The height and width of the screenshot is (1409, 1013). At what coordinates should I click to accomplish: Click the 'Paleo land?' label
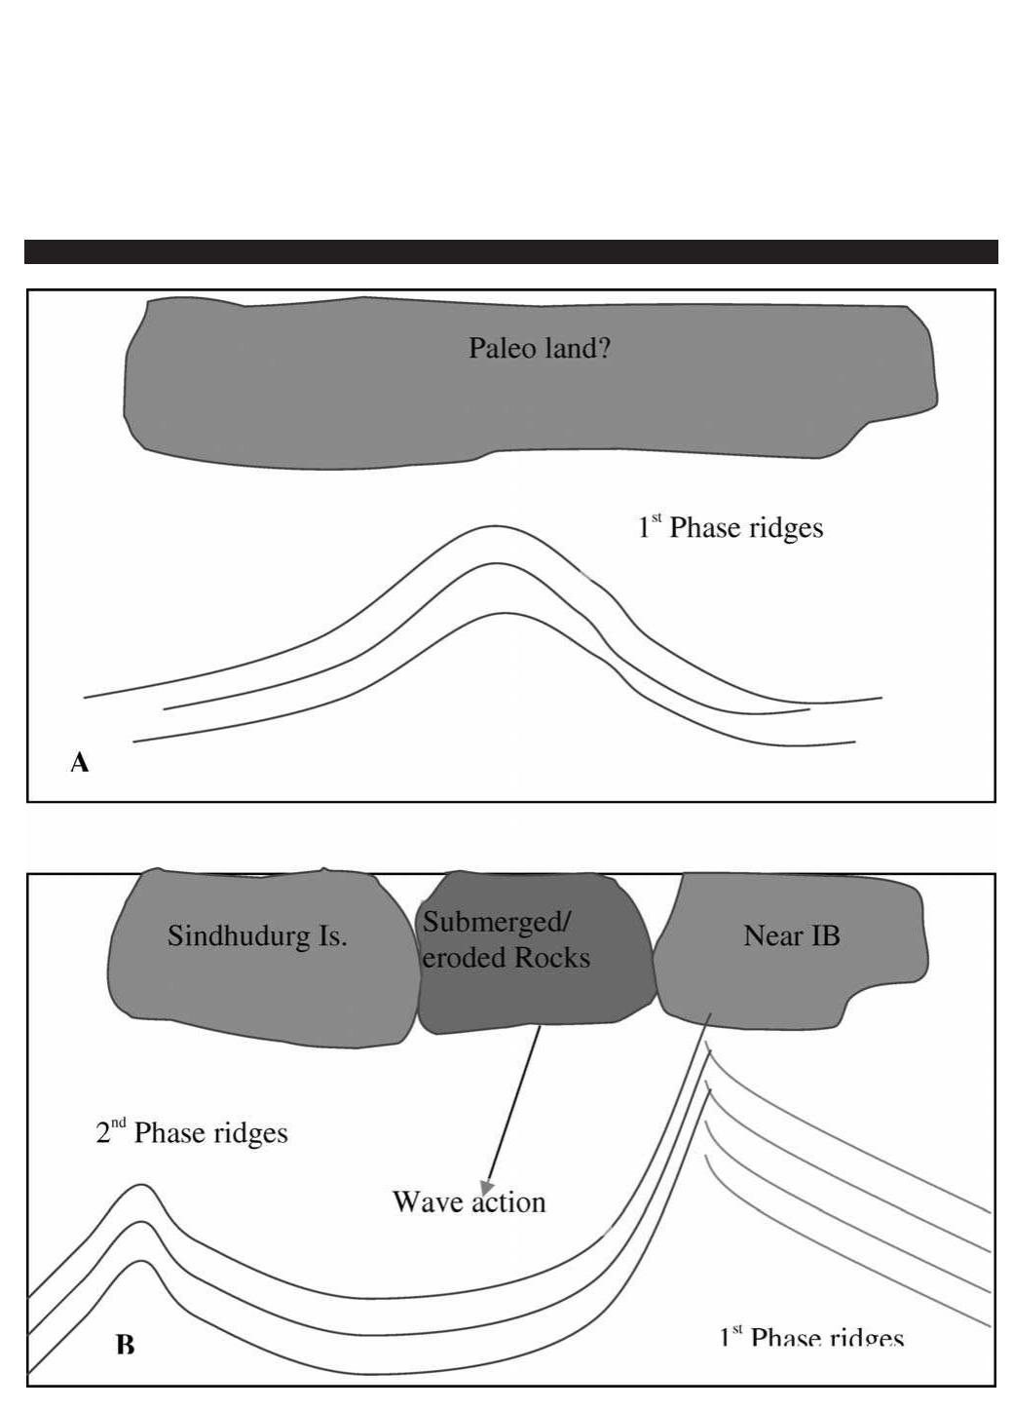pyautogui.click(x=539, y=348)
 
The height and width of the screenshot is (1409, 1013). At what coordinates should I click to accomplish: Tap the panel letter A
pyautogui.click(x=80, y=763)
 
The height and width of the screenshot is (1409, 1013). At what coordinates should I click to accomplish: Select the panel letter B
pyautogui.click(x=126, y=1346)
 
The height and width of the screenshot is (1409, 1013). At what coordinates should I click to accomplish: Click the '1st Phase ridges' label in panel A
pyautogui.click(x=731, y=527)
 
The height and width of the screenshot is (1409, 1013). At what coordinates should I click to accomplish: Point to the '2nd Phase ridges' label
pyautogui.click(x=192, y=1133)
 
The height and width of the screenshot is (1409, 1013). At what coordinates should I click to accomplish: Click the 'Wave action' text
pyautogui.click(x=469, y=1201)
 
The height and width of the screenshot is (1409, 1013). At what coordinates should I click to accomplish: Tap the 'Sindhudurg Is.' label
pyautogui.click(x=257, y=935)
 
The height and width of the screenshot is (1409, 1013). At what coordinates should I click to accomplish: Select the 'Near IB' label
pyautogui.click(x=791, y=935)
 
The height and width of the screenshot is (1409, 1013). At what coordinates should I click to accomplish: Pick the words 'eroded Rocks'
pyautogui.click(x=506, y=958)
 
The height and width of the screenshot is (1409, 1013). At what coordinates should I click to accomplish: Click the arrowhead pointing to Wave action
pyautogui.click(x=487, y=1186)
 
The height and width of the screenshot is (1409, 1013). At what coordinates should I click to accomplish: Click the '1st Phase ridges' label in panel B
pyautogui.click(x=811, y=1339)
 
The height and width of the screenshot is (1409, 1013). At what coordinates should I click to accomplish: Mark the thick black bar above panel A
pyautogui.click(x=510, y=251)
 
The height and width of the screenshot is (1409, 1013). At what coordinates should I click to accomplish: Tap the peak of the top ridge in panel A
pyautogui.click(x=495, y=526)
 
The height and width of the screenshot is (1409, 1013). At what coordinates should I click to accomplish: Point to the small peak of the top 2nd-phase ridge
pyautogui.click(x=142, y=1186)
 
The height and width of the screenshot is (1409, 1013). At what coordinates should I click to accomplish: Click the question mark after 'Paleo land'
pyautogui.click(x=604, y=348)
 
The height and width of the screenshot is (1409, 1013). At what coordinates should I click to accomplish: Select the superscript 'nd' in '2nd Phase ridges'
pyautogui.click(x=118, y=1123)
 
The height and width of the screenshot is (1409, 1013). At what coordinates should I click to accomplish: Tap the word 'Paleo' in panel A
pyautogui.click(x=500, y=348)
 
